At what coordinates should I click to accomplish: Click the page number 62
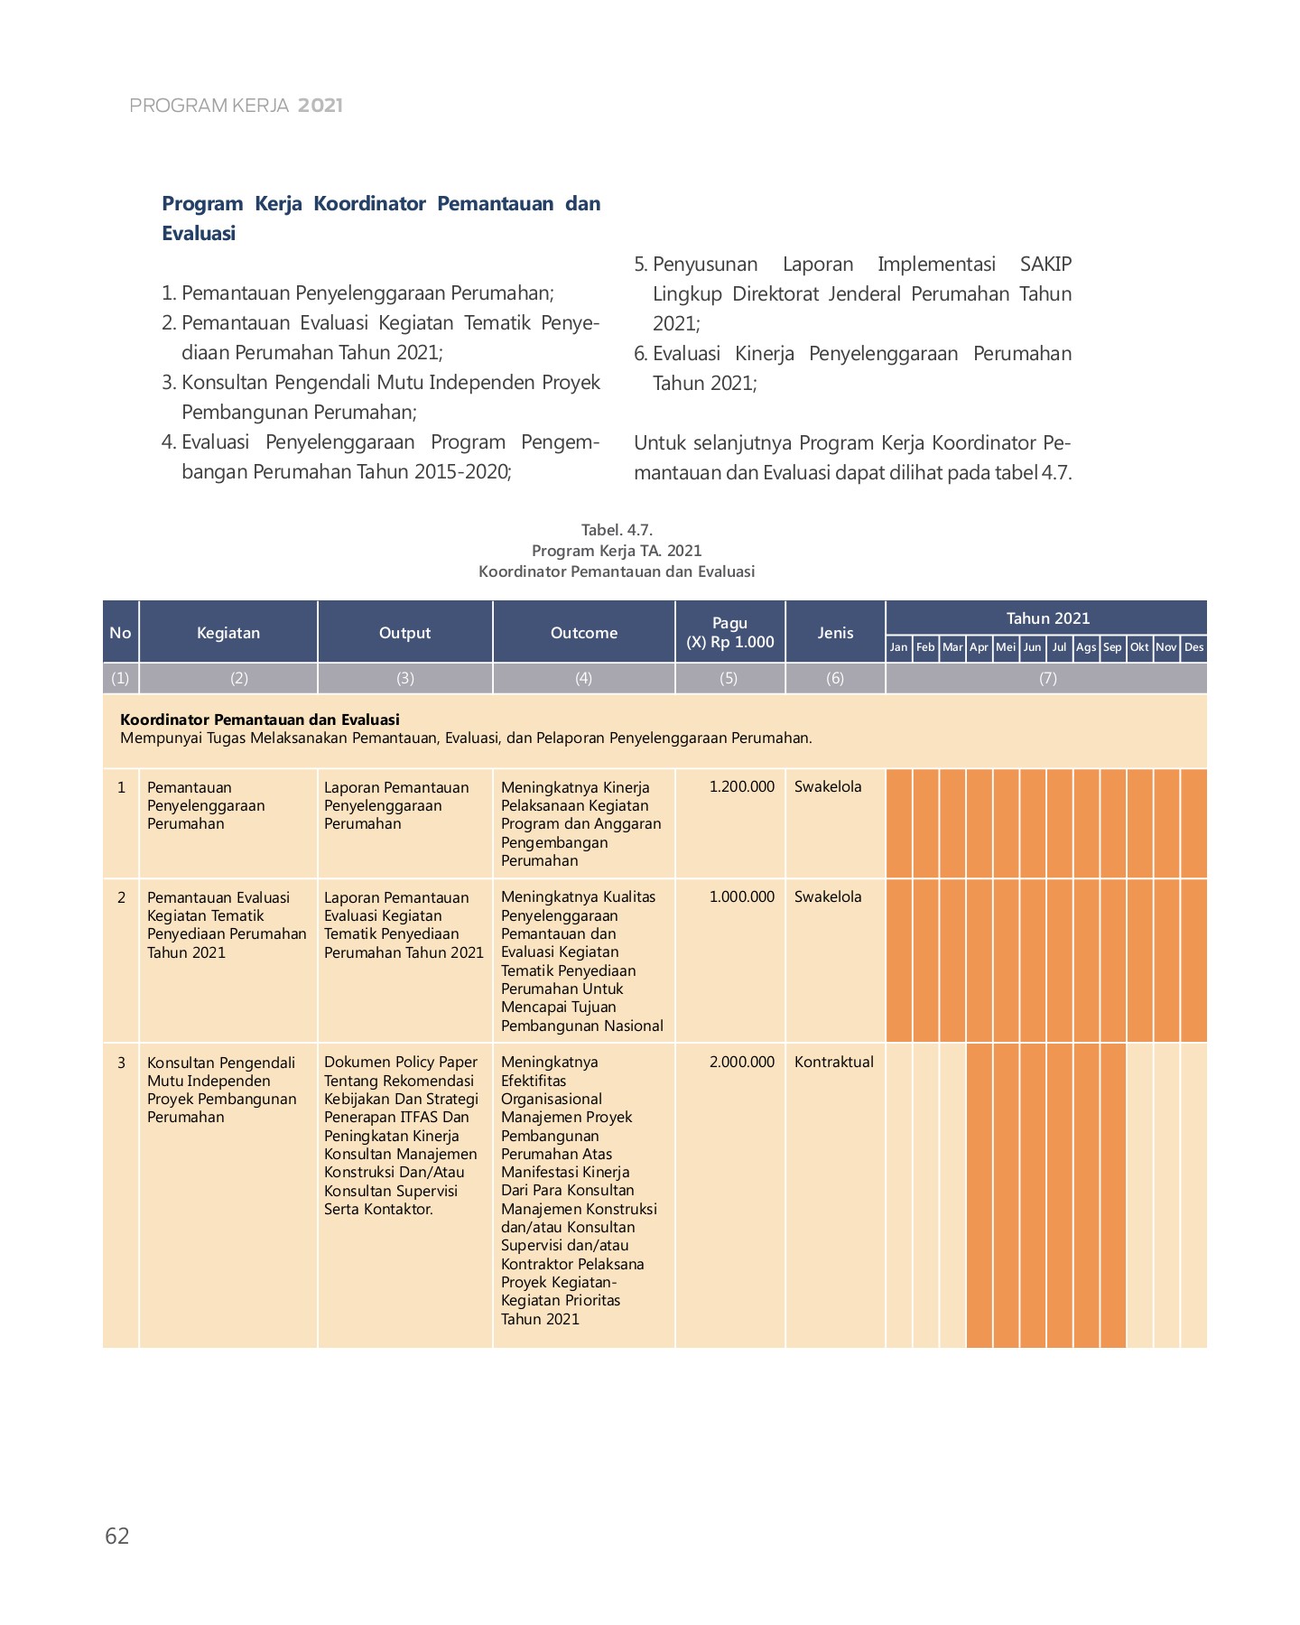point(117,1536)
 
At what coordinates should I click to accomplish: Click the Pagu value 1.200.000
point(741,786)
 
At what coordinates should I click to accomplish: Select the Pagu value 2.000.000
point(741,1062)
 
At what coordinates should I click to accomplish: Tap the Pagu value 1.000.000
point(741,896)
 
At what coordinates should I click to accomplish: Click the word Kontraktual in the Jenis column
point(833,1062)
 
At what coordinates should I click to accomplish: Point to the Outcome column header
point(583,633)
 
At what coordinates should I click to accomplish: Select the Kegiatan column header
point(228,633)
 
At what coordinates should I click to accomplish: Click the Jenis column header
point(835,633)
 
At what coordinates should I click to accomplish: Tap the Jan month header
point(898,647)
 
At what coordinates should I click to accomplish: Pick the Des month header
point(1193,647)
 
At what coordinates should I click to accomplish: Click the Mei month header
point(1006,647)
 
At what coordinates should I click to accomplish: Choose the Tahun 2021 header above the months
point(1047,618)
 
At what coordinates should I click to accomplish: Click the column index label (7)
point(1047,678)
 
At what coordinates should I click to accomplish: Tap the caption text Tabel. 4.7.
point(617,530)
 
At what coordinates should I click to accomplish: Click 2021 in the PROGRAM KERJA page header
point(320,106)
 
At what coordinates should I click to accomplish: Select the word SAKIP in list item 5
point(1045,265)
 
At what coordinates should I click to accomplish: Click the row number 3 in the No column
point(121,1063)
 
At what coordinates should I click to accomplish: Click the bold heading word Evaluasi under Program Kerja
point(199,233)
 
